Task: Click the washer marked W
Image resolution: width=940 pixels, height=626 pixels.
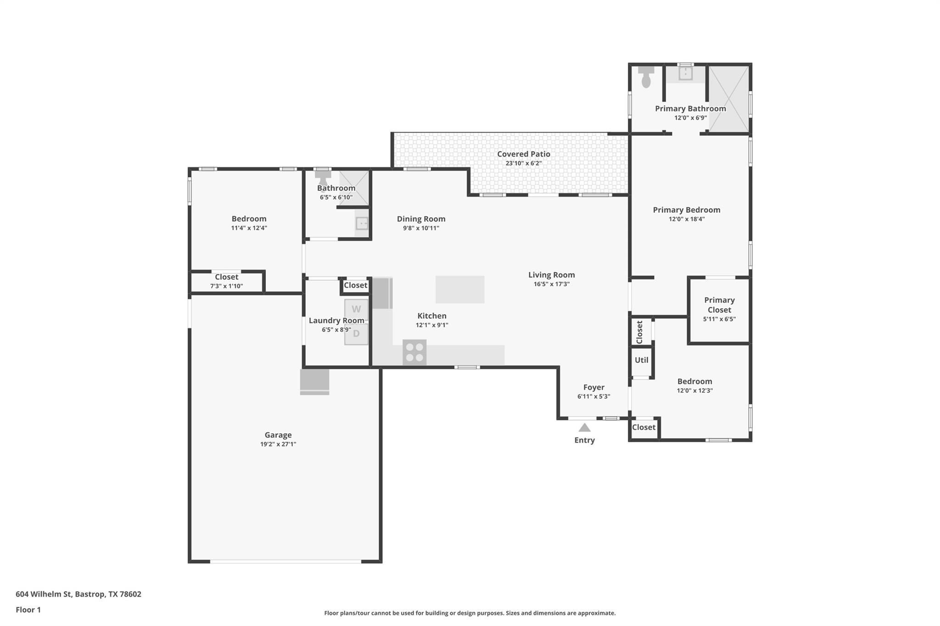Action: [x=356, y=309]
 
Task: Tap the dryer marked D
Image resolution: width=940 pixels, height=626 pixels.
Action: [x=356, y=334]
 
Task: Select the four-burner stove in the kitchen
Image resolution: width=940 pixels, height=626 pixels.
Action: [x=414, y=352]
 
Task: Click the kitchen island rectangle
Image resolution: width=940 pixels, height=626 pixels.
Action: [x=460, y=289]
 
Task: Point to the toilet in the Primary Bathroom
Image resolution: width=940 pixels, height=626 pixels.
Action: [x=646, y=77]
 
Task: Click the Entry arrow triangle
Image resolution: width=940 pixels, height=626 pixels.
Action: [x=584, y=428]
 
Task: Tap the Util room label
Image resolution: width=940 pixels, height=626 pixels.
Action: [x=641, y=360]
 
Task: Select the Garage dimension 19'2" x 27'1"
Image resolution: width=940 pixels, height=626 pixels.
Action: [x=278, y=444]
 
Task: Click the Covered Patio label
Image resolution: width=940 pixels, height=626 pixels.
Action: [x=523, y=154]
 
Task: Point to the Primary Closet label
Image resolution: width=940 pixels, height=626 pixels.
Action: [x=719, y=305]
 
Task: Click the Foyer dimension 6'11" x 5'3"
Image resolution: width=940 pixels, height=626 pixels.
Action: [x=593, y=396]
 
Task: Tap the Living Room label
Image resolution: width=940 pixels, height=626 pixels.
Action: [x=551, y=275]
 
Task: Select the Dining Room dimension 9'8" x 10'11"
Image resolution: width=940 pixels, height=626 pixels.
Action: [x=421, y=228]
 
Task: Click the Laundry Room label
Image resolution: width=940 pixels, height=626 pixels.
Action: [x=336, y=320]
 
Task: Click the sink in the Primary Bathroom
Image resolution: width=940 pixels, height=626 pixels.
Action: [x=685, y=73]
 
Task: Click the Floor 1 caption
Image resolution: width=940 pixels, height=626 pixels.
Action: [x=28, y=609]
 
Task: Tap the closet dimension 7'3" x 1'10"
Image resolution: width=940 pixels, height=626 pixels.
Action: [x=226, y=286]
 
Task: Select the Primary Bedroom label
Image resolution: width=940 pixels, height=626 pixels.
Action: [x=686, y=210]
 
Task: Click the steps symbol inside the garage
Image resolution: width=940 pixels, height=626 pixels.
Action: [x=314, y=382]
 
